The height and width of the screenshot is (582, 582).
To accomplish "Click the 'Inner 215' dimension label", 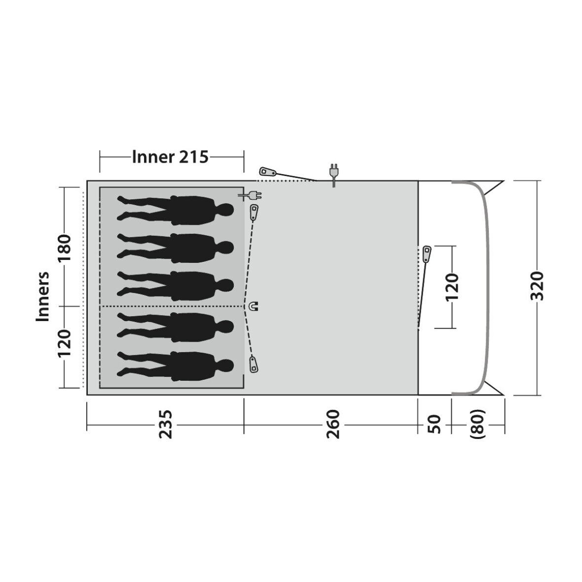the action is coord(170,157).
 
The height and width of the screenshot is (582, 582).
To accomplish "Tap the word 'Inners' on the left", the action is coord(43,296).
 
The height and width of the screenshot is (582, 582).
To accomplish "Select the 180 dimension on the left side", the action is coord(64,244).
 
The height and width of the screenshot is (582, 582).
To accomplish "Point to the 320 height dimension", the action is coord(537,286).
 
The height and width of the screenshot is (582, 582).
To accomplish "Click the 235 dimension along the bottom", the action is coord(166,424).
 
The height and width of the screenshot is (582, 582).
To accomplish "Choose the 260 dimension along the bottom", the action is coord(333,424).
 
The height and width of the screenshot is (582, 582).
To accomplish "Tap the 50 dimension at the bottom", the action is coord(434,424).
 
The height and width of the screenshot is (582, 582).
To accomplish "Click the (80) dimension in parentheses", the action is coord(478,424).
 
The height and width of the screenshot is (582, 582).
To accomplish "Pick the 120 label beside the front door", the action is coord(452,287).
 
